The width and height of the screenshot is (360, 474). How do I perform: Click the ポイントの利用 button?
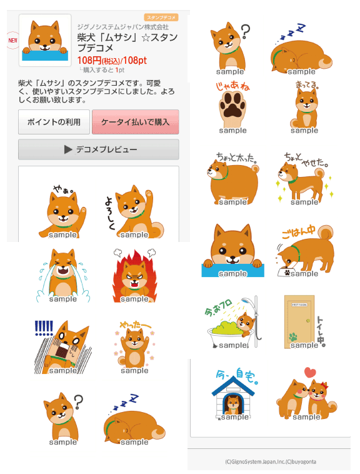54,122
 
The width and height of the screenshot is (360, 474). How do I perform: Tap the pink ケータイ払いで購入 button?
135,122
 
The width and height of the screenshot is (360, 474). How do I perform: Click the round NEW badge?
12,40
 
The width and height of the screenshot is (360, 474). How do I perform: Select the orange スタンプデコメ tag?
161,17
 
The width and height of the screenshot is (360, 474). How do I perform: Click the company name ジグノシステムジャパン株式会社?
122,27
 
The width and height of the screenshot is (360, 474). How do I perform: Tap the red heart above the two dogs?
309,373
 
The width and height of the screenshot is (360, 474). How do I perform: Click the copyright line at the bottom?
270,462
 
